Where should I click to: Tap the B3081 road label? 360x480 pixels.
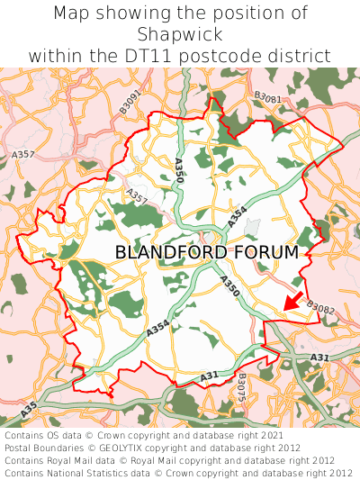click(x=267, y=97)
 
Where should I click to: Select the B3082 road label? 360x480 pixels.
click(x=319, y=308)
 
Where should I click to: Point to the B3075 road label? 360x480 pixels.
click(x=241, y=389)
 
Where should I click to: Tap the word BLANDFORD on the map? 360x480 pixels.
click(x=171, y=253)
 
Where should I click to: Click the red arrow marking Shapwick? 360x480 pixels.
click(x=292, y=302)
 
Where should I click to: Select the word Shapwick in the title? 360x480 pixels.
click(x=180, y=34)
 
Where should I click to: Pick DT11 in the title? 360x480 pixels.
click(x=161, y=56)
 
